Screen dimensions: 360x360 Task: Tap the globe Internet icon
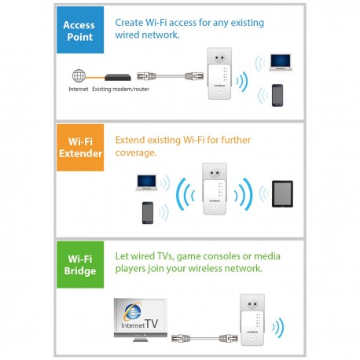[x=78, y=76]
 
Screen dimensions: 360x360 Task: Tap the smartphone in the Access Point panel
[x=277, y=94]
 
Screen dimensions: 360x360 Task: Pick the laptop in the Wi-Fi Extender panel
[x=147, y=182]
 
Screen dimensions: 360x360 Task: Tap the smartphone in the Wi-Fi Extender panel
[x=147, y=212]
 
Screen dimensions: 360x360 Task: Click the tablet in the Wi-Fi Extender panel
[x=282, y=193]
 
